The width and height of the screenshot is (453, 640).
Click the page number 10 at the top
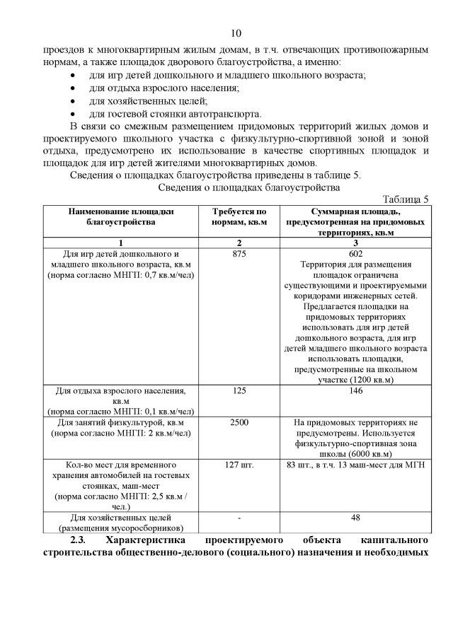[236, 33]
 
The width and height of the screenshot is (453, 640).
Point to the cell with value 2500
[239, 422]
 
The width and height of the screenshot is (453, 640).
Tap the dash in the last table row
[239, 518]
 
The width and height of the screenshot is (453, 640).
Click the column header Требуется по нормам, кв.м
[239, 216]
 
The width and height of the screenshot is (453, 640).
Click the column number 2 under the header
[239, 243]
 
